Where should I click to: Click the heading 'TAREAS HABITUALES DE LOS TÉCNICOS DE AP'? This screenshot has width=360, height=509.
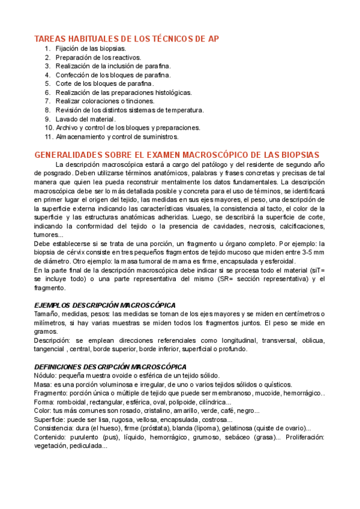point(127,39)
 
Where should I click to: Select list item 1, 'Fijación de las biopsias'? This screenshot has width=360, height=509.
point(91,49)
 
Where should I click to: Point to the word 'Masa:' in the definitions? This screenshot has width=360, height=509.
point(43,384)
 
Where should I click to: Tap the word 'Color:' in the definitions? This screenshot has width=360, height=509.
point(43,411)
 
